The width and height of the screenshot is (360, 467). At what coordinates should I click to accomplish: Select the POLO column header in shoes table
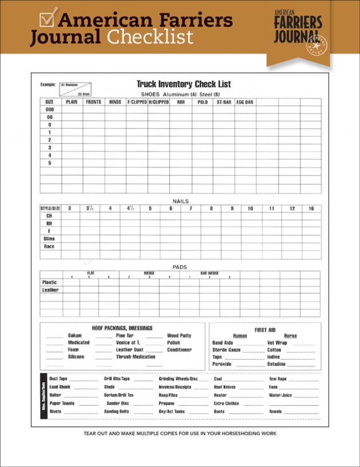pyautogui.click(x=203, y=102)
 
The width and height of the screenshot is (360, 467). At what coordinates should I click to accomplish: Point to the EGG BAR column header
pyautogui.click(x=245, y=102)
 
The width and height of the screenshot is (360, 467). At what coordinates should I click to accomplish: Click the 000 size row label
pyautogui.click(x=50, y=109)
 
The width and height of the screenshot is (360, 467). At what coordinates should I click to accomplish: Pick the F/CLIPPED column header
pyautogui.click(x=137, y=102)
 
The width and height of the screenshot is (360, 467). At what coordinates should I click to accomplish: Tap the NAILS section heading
pyautogui.click(x=181, y=201)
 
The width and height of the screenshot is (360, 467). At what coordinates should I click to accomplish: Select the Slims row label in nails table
pyautogui.click(x=50, y=239)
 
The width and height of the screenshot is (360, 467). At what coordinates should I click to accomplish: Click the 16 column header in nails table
pyautogui.click(x=311, y=208)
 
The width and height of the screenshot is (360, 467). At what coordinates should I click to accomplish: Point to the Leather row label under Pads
pyautogui.click(x=50, y=290)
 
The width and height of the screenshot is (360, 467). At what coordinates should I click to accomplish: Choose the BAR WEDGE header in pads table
pyautogui.click(x=209, y=273)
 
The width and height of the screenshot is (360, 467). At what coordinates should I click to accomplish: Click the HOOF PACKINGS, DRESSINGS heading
pyautogui.click(x=122, y=328)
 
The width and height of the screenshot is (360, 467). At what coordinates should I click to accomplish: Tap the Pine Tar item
pyautogui.click(x=125, y=336)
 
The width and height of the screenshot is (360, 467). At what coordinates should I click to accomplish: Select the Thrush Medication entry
pyautogui.click(x=135, y=357)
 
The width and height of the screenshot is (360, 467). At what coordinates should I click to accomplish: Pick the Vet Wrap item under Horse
pyautogui.click(x=277, y=343)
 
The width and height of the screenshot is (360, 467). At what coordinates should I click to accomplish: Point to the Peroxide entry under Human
pyautogui.click(x=222, y=364)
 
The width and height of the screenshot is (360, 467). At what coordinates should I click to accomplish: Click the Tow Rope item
pyautogui.click(x=278, y=379)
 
